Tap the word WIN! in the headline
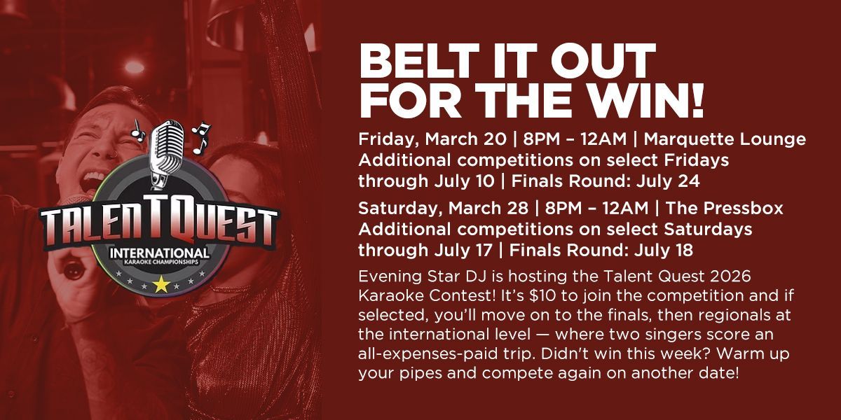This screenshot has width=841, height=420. pyautogui.click(x=645, y=99)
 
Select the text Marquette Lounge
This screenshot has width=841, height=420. pyautogui.click(x=725, y=139)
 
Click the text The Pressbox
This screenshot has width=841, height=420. pyautogui.click(x=725, y=208)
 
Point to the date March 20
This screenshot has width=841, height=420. pyautogui.click(x=465, y=139)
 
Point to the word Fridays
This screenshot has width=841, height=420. pyautogui.click(x=697, y=160)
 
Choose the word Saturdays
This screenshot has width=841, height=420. pyautogui.click(x=708, y=230)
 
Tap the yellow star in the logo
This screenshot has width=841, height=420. pyautogui.click(x=161, y=284)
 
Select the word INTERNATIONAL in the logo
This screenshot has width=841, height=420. pyautogui.click(x=160, y=253)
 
